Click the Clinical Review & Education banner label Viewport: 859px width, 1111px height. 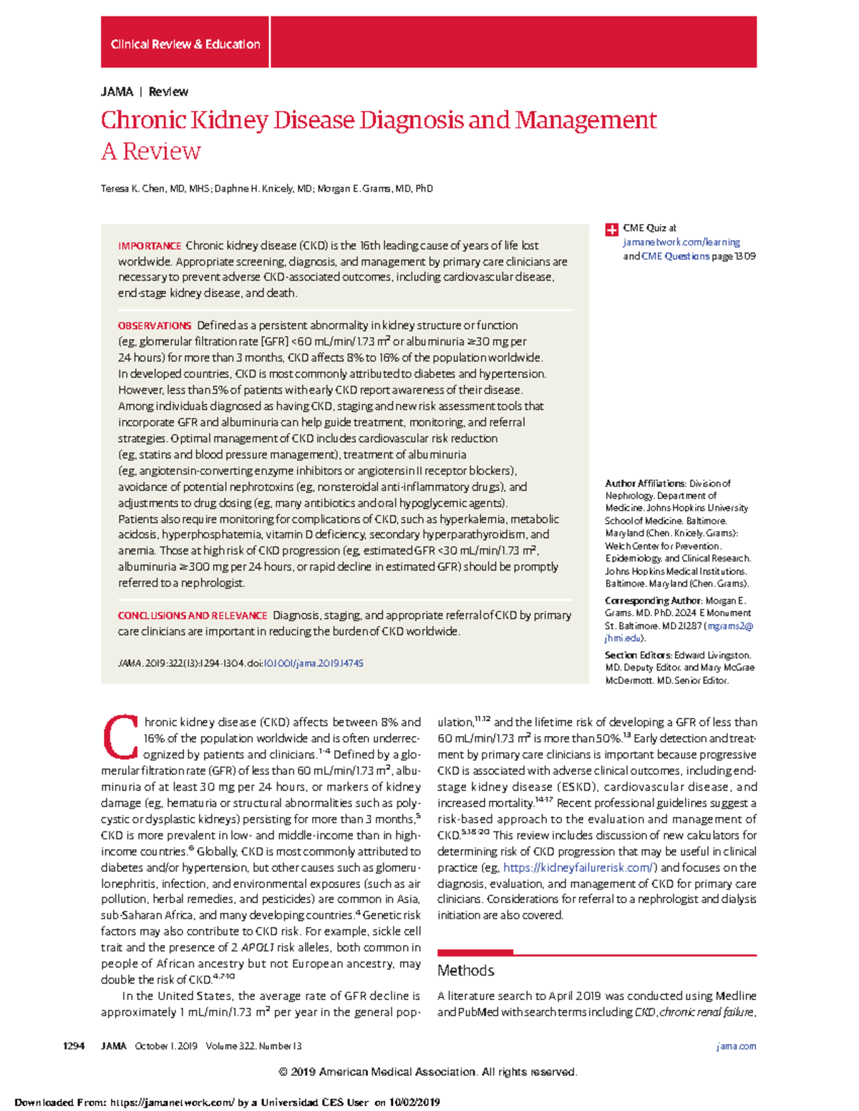tap(185, 44)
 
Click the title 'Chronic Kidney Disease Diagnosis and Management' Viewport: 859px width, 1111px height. tap(378, 120)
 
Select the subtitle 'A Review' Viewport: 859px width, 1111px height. tap(150, 152)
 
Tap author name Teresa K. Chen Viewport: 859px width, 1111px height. tap(132, 189)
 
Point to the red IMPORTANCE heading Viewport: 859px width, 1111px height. tap(150, 246)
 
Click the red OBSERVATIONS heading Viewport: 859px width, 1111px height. tap(155, 326)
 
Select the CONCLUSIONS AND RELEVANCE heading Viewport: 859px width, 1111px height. tap(193, 616)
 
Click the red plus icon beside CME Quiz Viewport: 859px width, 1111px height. tap(611, 230)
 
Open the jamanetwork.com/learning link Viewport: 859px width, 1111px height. tap(681, 243)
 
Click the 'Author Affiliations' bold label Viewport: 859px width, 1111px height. tap(645, 484)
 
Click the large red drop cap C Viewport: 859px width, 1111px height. tap(120, 737)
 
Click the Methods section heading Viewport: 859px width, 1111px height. tap(465, 971)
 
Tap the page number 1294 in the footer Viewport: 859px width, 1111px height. tap(74, 1046)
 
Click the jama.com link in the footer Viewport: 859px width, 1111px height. tap(736, 1046)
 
